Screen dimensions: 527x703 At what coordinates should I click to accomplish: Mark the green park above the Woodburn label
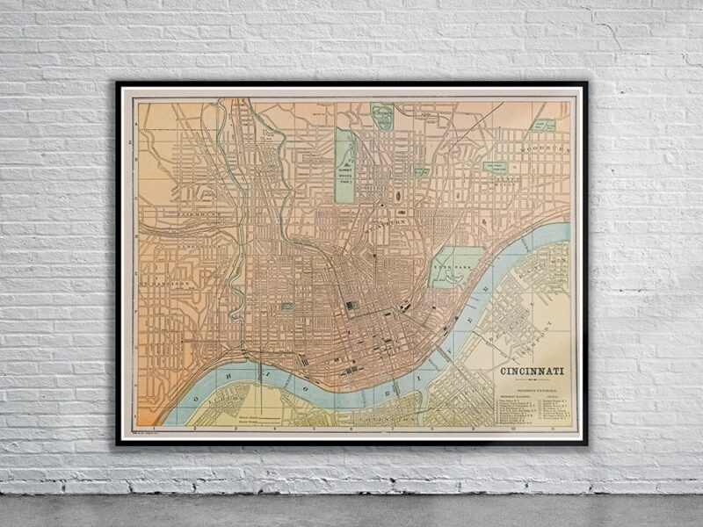click(545, 126)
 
